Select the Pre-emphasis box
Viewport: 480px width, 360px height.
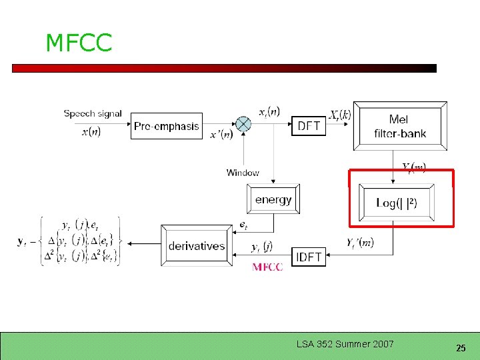(x=167, y=126)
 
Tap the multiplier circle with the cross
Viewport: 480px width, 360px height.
(x=245, y=124)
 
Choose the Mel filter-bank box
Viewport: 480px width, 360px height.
(x=399, y=127)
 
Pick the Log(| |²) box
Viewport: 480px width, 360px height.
(x=397, y=203)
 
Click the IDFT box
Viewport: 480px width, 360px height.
(x=309, y=257)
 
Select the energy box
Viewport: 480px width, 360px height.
(x=273, y=199)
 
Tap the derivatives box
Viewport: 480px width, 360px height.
(x=196, y=246)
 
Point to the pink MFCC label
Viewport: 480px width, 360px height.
(x=267, y=267)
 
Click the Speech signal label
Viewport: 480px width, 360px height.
(x=93, y=113)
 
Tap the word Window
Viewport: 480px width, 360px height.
(x=243, y=173)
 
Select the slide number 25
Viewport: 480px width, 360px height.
(x=461, y=348)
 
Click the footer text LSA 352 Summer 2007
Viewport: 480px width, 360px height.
(x=345, y=344)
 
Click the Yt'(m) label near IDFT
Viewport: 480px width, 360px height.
(x=360, y=243)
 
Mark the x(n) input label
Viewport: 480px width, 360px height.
(x=91, y=131)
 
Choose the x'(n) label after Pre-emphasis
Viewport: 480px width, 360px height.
(x=221, y=135)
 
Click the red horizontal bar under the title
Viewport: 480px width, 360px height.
(x=224, y=68)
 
